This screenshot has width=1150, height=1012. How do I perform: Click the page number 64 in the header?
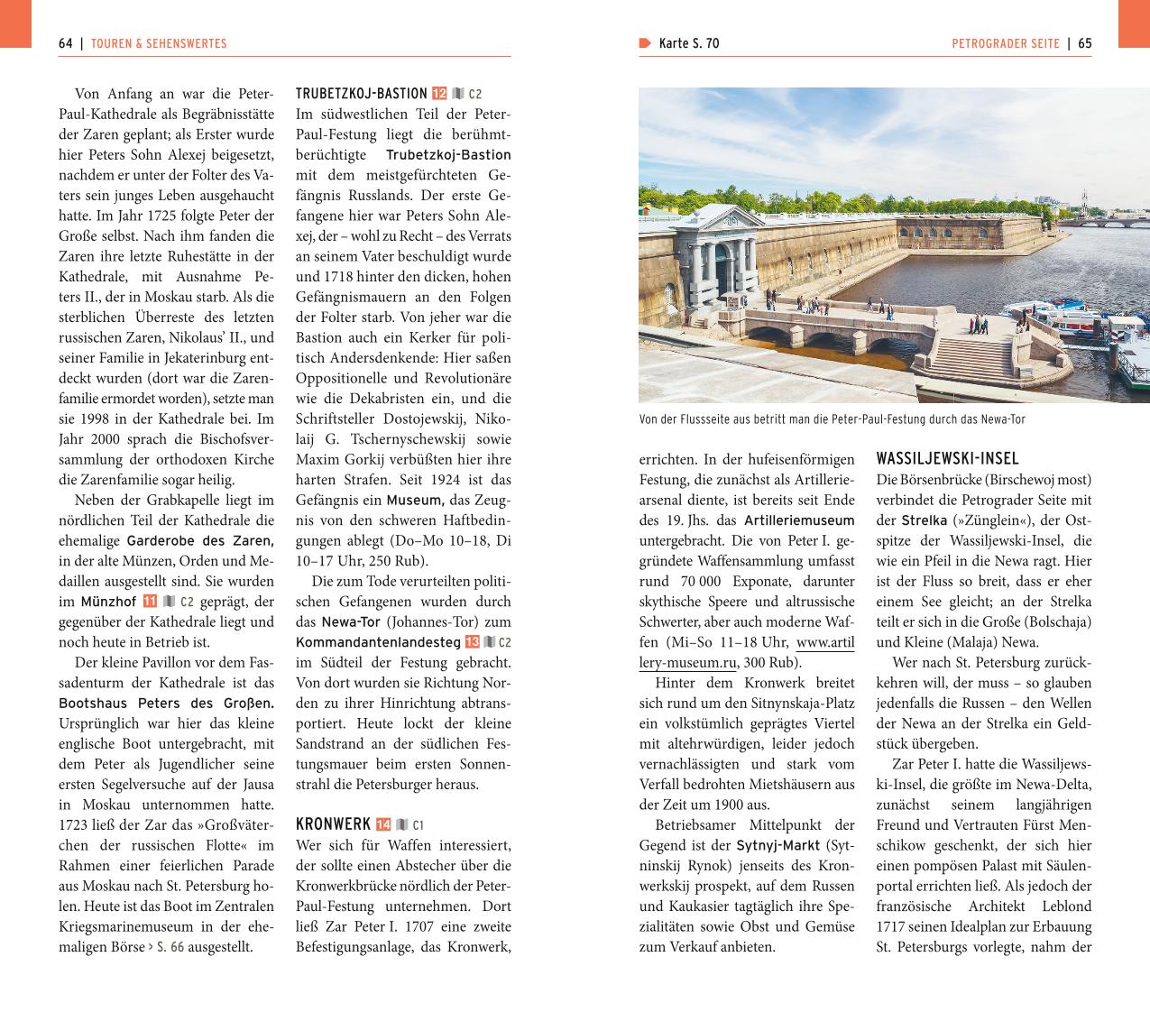point(65,43)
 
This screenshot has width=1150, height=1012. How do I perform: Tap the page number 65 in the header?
point(1084,43)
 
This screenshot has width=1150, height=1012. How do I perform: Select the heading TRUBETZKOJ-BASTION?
point(361,94)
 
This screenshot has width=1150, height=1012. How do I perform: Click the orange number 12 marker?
point(439,94)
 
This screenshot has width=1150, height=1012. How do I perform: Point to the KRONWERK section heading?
point(333,824)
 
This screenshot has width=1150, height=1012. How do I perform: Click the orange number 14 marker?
point(383,824)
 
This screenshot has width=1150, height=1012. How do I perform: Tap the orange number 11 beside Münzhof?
point(150,602)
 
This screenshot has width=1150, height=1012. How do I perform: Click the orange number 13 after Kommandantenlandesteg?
point(473,642)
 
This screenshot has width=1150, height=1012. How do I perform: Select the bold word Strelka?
point(924,520)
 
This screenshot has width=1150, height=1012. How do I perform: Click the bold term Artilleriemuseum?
point(799,520)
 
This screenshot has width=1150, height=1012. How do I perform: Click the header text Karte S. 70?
point(688,43)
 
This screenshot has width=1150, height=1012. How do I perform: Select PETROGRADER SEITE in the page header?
point(1006,43)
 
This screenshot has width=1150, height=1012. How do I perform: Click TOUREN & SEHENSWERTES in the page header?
point(159,43)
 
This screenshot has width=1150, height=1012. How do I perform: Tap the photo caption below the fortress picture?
point(832,419)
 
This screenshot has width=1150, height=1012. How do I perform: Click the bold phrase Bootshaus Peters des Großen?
point(166,704)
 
